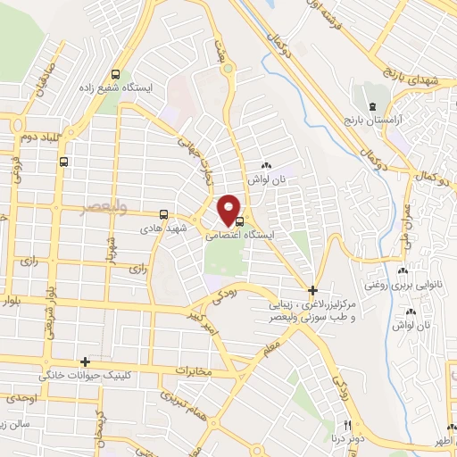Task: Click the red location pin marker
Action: [229, 209]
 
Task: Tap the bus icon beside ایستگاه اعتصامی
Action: [238, 223]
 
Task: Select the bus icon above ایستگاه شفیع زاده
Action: [114, 75]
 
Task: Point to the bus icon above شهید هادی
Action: [162, 214]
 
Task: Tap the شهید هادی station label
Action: [161, 228]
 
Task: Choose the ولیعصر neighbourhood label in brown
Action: [105, 207]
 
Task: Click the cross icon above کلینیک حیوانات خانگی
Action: [85, 361]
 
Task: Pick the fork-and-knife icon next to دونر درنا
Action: [349, 424]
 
